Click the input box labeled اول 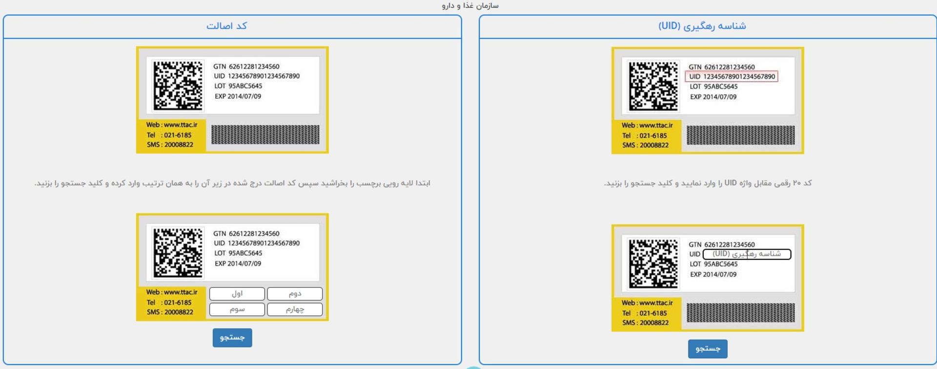[x=237, y=294]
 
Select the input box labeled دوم [x=295, y=294]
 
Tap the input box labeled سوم [x=237, y=309]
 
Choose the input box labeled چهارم [x=295, y=309]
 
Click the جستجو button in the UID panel [x=708, y=348]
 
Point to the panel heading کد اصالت [x=226, y=26]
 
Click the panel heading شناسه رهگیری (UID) [x=702, y=26]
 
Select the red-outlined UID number [x=732, y=77]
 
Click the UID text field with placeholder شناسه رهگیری [x=747, y=254]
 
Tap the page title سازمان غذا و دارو [x=470, y=6]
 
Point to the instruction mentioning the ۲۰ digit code [x=708, y=183]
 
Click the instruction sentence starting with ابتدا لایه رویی [x=232, y=183]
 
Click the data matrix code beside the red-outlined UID [x=653, y=86]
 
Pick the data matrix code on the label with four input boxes [x=178, y=253]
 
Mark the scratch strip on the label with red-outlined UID [x=740, y=135]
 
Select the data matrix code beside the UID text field [x=653, y=263]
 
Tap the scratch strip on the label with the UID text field [x=740, y=313]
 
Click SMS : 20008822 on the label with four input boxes [x=170, y=312]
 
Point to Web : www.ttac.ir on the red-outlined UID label [x=647, y=126]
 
